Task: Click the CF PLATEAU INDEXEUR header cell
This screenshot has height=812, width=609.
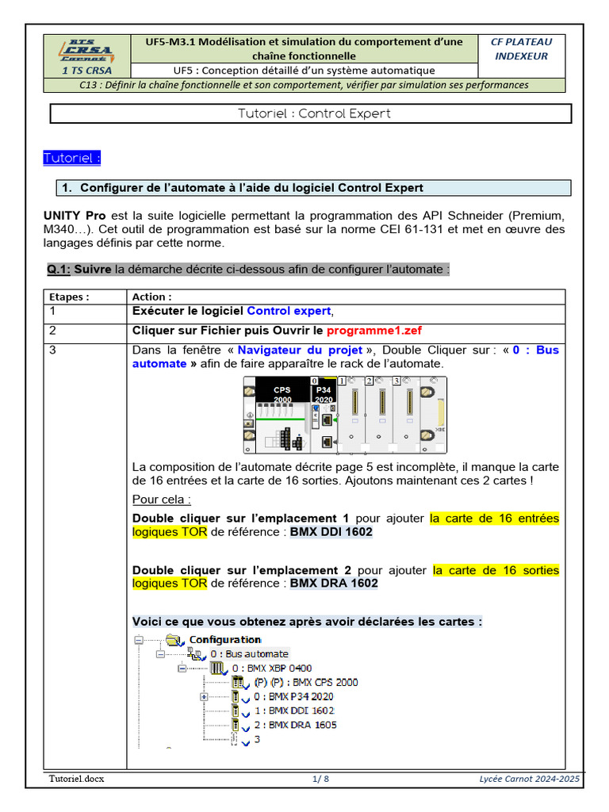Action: click(521, 48)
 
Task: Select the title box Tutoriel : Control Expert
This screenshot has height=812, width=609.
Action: click(311, 113)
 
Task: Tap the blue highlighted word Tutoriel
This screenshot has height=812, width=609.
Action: click(72, 158)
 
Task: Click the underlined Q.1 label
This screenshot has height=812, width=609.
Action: click(59, 270)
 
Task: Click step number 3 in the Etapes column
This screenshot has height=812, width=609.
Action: click(52, 350)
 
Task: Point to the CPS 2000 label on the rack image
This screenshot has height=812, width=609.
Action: click(282, 394)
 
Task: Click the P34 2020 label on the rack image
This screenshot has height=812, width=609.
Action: click(324, 394)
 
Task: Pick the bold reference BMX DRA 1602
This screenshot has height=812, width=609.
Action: click(334, 583)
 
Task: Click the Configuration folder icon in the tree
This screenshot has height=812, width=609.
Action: click(174, 640)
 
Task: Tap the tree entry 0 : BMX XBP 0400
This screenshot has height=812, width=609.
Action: click(272, 668)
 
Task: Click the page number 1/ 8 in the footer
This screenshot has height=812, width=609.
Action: click(321, 779)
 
